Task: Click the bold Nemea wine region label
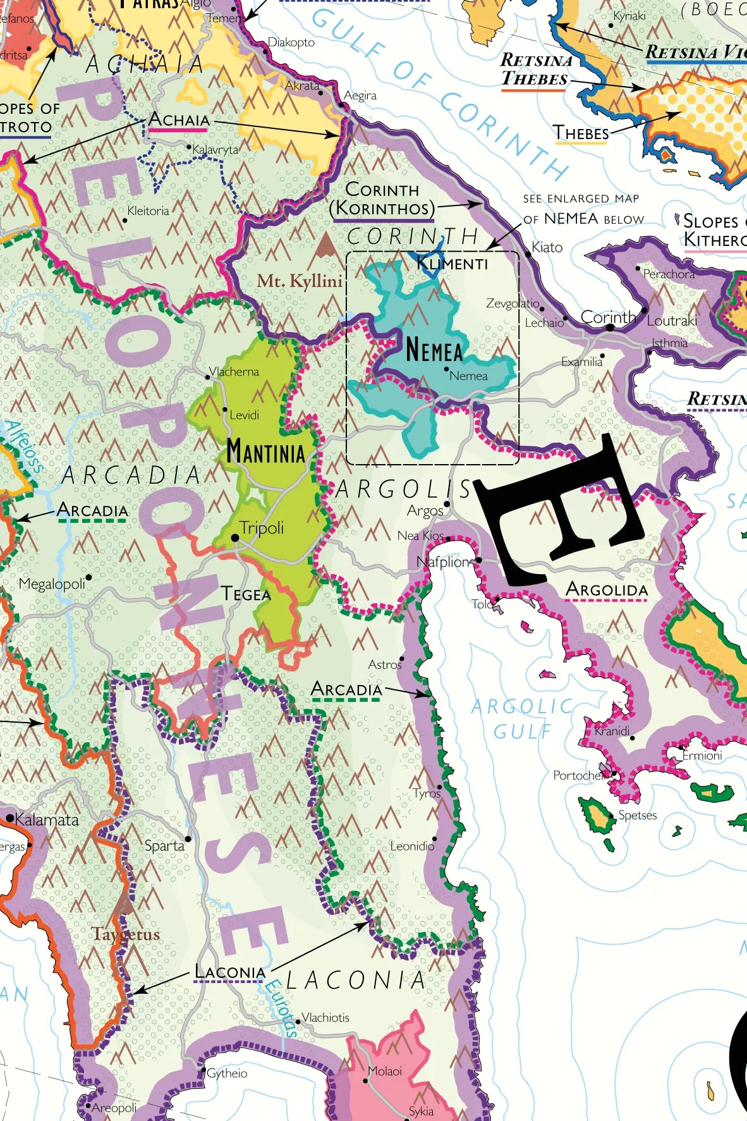coord(434,350)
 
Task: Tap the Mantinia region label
coord(265,452)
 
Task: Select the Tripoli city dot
coord(234,537)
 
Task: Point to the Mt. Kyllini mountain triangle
coord(325,245)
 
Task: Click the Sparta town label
coord(164,845)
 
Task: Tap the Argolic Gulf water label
coord(521,719)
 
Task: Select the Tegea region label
coord(246,594)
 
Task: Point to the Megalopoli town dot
coord(88,577)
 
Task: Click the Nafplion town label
coord(444,562)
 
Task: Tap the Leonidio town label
coord(411,846)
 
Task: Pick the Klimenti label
coord(452,264)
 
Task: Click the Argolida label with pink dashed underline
coord(607,589)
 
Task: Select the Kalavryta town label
coord(215,149)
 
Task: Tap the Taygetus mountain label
coord(126,934)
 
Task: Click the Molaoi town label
coord(385,1071)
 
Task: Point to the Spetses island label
coord(637,815)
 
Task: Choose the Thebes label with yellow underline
coord(581,133)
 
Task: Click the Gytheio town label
coord(227,1073)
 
